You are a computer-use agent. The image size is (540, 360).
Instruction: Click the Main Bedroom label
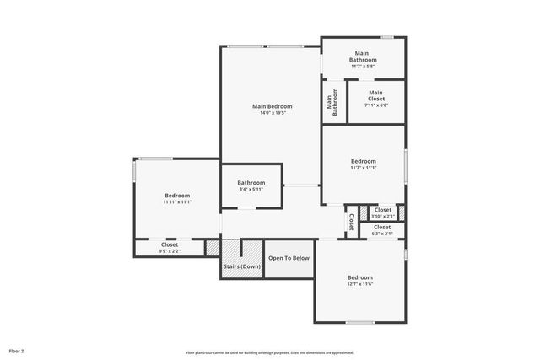pyautogui.click(x=273, y=106)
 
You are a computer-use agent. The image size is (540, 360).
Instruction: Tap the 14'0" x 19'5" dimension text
pyautogui.click(x=273, y=113)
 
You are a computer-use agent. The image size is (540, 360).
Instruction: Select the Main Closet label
pyautogui.click(x=375, y=96)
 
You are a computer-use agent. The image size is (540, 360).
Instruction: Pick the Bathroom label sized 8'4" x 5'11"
pyautogui.click(x=251, y=183)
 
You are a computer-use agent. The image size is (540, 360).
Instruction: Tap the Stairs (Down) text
pyautogui.click(x=242, y=266)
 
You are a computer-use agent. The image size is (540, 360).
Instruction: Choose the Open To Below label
pyautogui.click(x=289, y=258)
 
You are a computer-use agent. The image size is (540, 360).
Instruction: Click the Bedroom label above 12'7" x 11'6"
pyautogui.click(x=360, y=277)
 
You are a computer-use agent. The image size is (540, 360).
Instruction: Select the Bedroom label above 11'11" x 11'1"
pyautogui.click(x=177, y=196)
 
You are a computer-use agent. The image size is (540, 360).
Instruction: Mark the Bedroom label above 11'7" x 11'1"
pyautogui.click(x=364, y=161)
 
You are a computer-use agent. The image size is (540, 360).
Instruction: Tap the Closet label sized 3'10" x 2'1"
pyautogui.click(x=382, y=210)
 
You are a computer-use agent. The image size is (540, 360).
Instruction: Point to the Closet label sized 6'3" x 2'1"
pyautogui.click(x=382, y=227)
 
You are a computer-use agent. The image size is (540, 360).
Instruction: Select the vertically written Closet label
pyautogui.click(x=351, y=221)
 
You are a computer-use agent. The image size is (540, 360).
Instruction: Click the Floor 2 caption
pyautogui.click(x=17, y=349)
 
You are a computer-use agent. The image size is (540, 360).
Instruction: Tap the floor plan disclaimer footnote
pyautogui.click(x=270, y=352)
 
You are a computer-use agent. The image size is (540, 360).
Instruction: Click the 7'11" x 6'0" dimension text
pyautogui.click(x=375, y=105)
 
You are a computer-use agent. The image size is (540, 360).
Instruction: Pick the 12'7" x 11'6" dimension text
pyautogui.click(x=360, y=284)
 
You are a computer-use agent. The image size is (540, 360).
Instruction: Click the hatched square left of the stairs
pyautogui.click(x=212, y=248)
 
